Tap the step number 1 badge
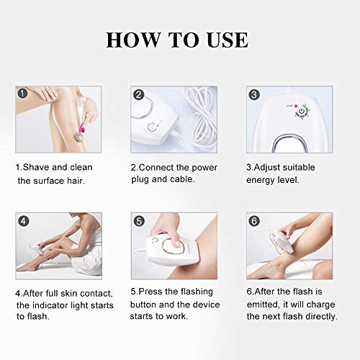tap(22, 94)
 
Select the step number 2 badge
tap(138, 94)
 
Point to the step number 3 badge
tap(253, 94)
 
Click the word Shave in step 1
tap(36, 167)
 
